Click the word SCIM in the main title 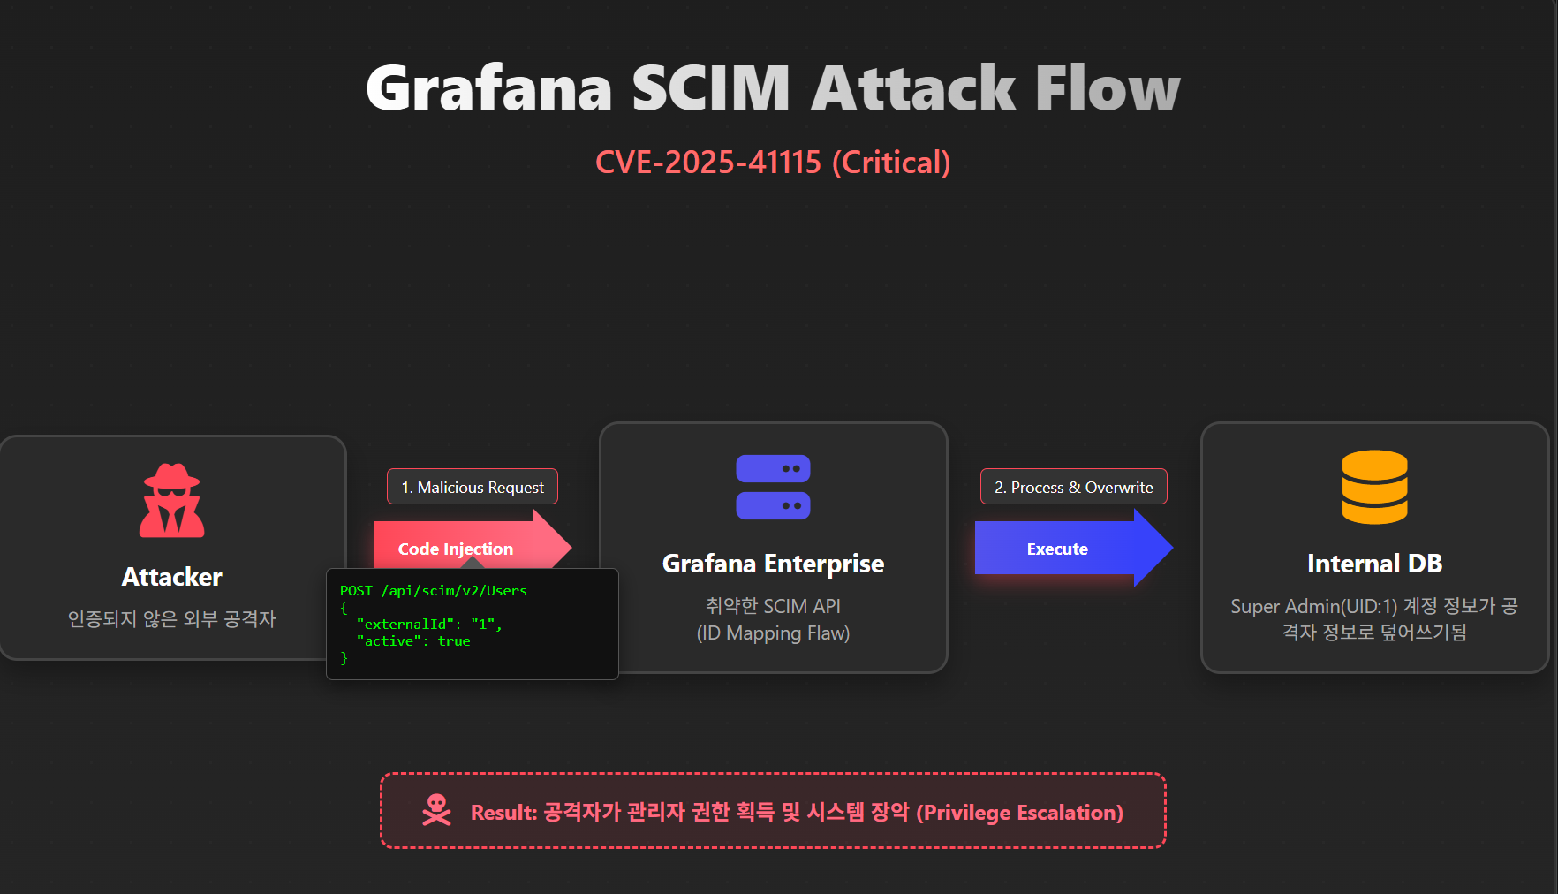711,88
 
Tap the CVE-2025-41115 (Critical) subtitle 773,163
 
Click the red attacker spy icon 172,500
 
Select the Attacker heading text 172,577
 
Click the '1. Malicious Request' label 473,487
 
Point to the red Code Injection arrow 473,548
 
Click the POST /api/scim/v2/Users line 433,590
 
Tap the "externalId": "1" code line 429,625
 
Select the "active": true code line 412,641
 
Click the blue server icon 773,487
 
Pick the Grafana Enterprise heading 773,564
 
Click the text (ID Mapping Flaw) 773,633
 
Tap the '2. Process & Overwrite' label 1074,487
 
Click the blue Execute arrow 1074,548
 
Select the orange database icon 1374,487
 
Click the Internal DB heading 1374,564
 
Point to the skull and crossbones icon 436,810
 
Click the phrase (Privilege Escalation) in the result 1019,813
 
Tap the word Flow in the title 1108,88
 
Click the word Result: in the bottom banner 503,813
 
